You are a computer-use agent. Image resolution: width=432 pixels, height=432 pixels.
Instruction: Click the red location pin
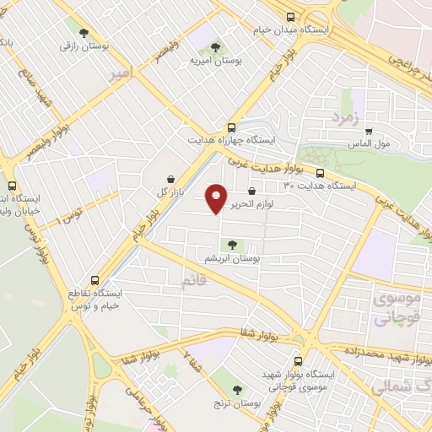(218, 197)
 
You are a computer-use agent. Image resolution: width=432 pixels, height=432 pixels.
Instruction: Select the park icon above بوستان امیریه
(215, 47)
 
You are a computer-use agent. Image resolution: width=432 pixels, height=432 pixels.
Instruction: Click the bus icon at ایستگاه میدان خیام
(290, 17)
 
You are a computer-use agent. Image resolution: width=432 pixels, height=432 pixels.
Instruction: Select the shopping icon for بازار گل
(172, 179)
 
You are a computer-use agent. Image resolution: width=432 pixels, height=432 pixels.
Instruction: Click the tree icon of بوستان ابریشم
(233, 245)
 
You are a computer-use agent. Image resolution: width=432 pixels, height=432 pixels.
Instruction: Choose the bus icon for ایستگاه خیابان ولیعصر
(12, 186)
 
